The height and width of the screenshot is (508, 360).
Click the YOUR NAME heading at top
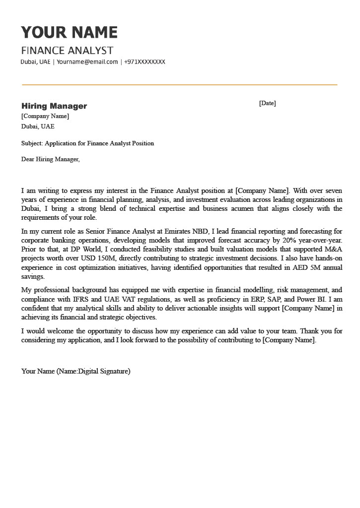coord(69,33)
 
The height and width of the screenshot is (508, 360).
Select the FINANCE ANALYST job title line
coord(67,51)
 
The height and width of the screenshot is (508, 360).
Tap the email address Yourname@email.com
coord(87,62)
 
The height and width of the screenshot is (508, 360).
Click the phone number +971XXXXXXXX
coord(144,62)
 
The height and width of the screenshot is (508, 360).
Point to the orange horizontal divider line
coord(179,85)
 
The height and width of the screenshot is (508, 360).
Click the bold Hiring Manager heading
coord(54,106)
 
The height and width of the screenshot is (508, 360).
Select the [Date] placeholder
coord(267,103)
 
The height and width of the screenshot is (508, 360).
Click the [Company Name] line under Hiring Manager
coord(45,117)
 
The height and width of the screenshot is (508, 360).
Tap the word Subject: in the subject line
coord(32,143)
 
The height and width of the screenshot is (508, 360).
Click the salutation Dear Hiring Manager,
coord(50,159)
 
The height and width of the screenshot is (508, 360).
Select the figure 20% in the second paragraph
coord(289,240)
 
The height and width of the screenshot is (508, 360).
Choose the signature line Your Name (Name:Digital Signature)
coord(75,371)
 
